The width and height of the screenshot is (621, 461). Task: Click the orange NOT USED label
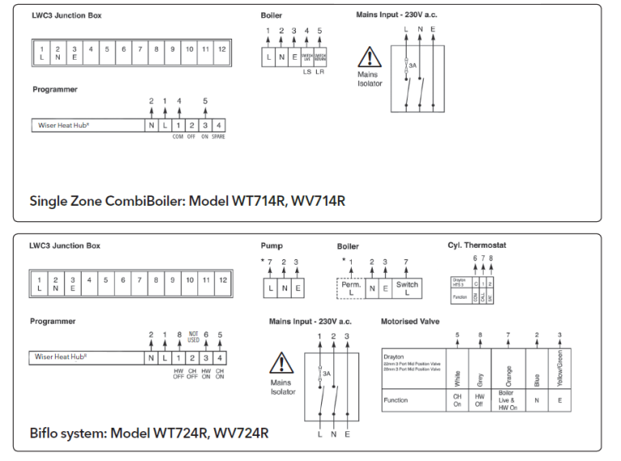click(193, 337)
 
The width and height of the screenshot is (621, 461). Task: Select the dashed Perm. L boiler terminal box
click(350, 288)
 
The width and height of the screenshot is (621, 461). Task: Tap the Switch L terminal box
click(407, 288)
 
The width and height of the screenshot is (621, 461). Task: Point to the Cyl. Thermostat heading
click(478, 245)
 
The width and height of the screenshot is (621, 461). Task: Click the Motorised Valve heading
click(410, 321)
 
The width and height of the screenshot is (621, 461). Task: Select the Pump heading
click(272, 245)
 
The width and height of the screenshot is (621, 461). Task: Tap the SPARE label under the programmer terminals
click(218, 136)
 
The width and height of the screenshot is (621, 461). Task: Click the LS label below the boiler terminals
click(306, 73)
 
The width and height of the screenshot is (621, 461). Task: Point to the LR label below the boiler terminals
click(319, 73)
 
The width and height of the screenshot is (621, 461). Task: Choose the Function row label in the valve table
click(395, 400)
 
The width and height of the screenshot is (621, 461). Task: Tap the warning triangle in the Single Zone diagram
click(369, 57)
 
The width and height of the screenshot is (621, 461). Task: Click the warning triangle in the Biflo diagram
click(281, 363)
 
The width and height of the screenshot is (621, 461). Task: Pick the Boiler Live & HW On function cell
click(508, 400)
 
